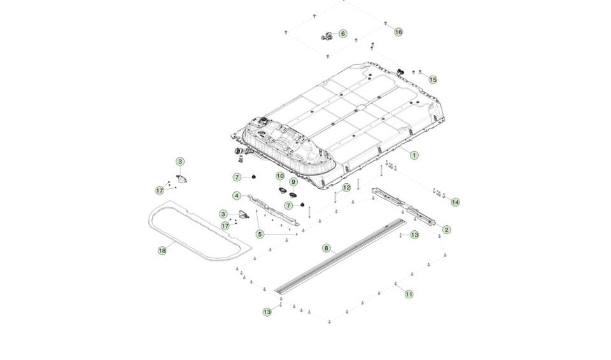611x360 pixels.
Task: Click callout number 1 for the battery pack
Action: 414,155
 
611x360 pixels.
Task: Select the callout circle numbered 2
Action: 447,230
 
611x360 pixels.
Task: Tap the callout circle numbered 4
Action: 237,196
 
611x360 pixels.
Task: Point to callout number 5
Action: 260,234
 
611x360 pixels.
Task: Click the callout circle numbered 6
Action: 343,34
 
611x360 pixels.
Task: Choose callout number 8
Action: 327,248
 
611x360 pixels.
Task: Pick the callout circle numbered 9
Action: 293,182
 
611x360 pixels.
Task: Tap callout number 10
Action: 280,176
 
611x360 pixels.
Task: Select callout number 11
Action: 409,294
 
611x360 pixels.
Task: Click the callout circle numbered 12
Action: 346,188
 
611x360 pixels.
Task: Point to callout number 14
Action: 455,202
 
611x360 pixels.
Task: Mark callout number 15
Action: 433,80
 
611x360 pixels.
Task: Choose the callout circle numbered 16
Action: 398,32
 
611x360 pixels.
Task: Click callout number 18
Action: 162,251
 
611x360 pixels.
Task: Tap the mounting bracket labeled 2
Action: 403,206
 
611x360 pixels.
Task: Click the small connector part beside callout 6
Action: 327,37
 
